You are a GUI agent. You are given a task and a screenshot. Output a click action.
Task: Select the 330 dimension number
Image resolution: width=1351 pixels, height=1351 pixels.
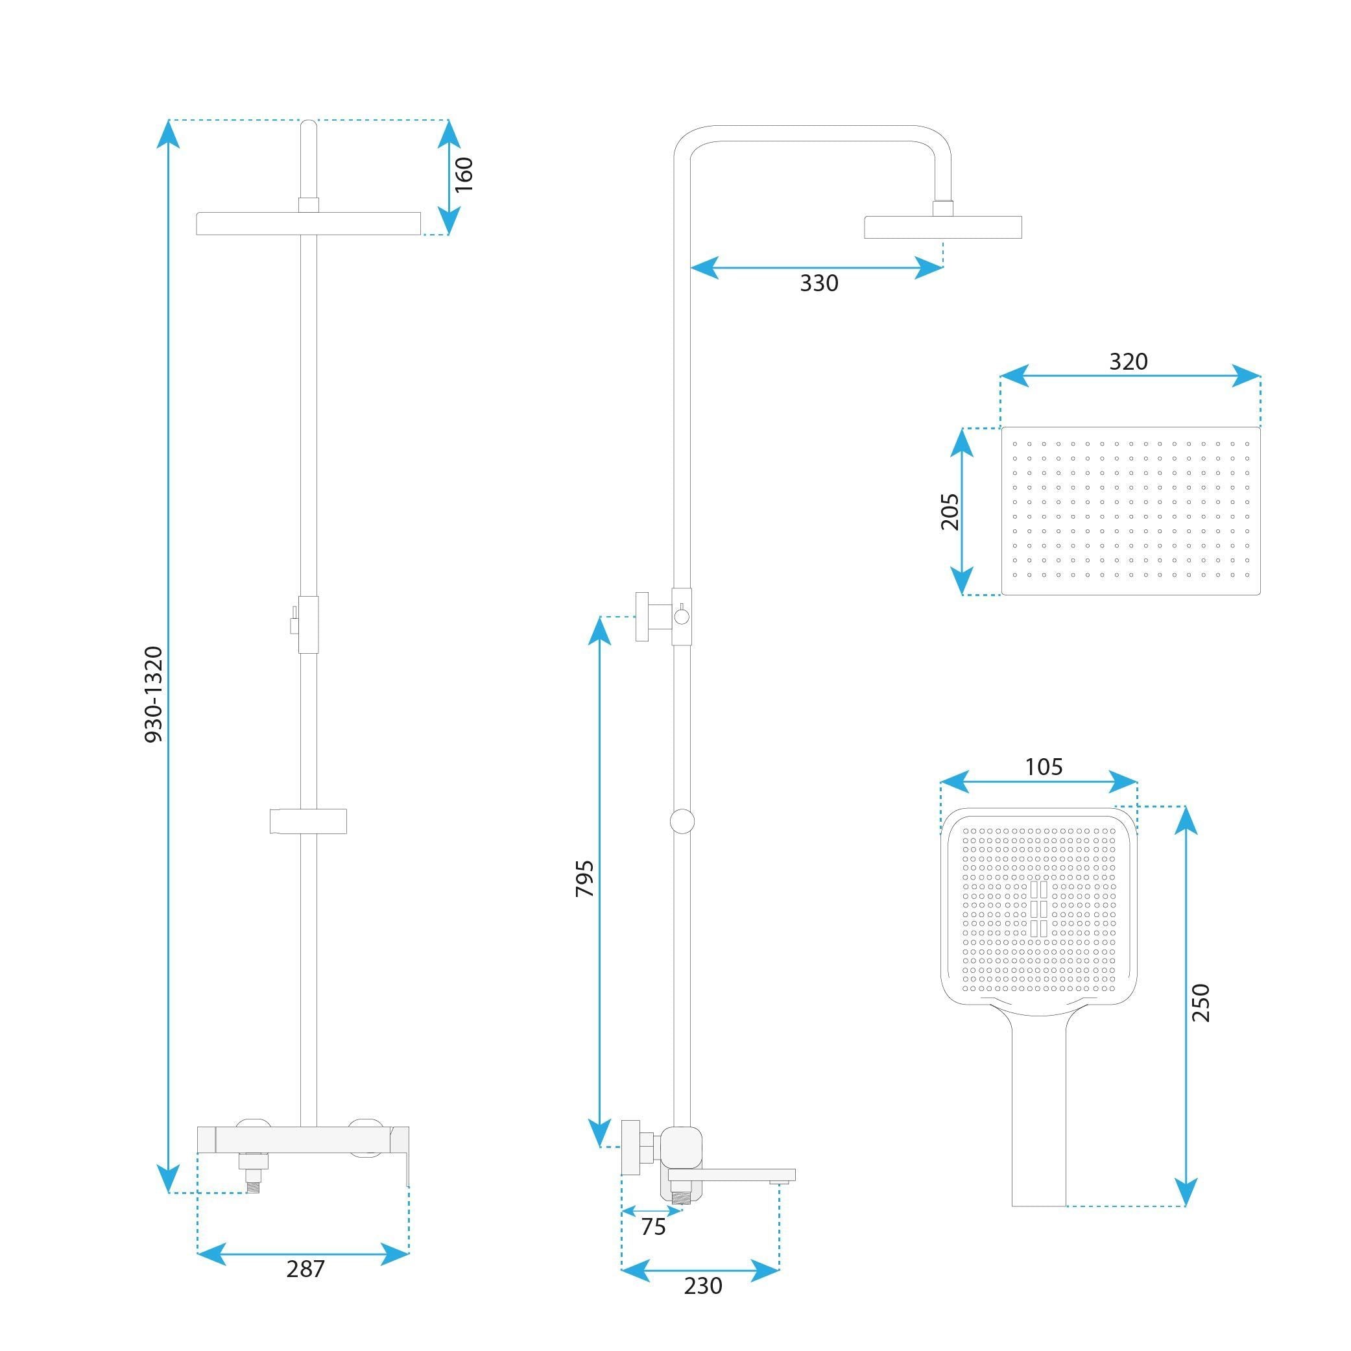click(819, 283)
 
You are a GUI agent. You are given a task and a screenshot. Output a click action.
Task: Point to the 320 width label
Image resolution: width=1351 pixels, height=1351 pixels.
click(1128, 361)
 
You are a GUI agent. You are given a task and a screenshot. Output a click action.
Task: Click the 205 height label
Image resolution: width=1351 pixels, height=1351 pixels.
click(950, 511)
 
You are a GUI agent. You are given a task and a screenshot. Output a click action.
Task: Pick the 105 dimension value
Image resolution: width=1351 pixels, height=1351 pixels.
click(1044, 767)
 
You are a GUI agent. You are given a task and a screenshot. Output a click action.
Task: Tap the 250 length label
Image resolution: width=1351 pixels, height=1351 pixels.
click(1200, 1002)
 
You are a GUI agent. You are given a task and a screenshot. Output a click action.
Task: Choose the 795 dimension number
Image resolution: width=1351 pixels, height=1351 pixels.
click(584, 879)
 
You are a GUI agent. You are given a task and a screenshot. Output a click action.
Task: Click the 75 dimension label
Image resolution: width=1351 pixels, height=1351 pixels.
click(653, 1226)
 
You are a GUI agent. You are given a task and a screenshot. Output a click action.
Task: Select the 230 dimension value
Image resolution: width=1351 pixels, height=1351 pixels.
click(703, 1285)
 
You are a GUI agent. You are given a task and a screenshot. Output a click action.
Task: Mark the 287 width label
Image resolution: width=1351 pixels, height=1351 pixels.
click(305, 1269)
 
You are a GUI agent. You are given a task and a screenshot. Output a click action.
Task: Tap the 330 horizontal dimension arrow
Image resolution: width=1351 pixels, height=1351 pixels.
click(816, 267)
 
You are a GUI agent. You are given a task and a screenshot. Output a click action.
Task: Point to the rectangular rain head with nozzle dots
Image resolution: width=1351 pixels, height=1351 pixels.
click(1130, 511)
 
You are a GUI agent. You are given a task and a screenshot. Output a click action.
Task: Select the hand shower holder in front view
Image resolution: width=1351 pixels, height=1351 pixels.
click(308, 821)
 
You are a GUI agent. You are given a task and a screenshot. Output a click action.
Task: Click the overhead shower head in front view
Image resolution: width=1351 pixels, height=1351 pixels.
click(308, 224)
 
